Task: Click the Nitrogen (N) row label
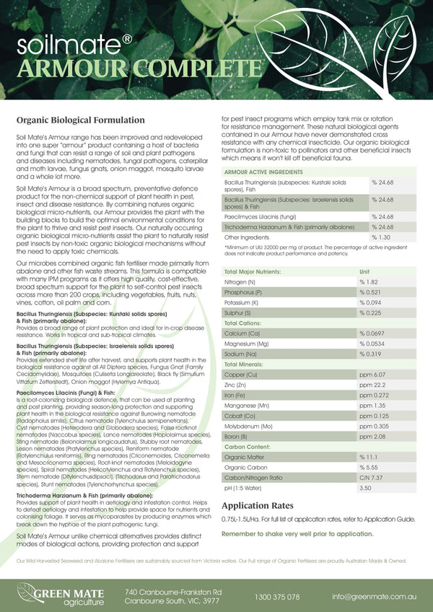point(240,281)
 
